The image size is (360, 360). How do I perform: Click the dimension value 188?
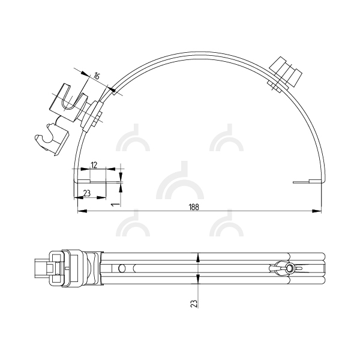(194, 207)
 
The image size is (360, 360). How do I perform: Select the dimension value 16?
(97, 76)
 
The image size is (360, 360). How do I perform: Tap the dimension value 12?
(94, 165)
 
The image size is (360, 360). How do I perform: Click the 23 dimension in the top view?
(87, 193)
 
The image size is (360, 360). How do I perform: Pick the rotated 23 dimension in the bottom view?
(194, 304)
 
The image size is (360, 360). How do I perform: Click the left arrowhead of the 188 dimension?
(82, 211)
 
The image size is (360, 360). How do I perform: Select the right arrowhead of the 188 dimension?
(316, 211)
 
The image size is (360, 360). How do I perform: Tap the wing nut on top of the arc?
(285, 73)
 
